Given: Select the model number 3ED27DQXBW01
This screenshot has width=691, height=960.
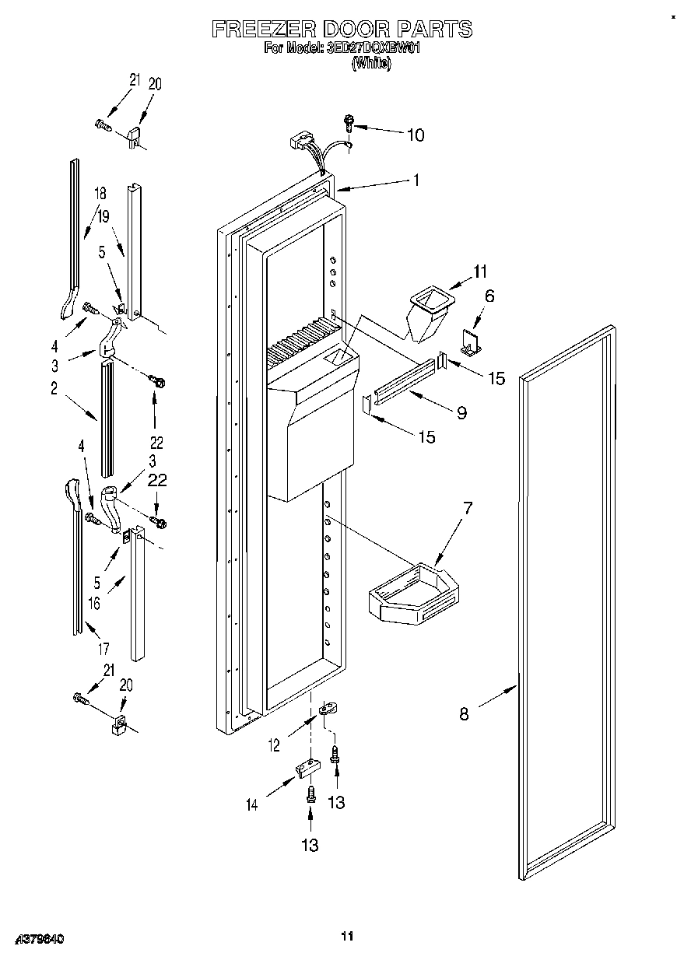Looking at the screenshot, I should coord(374,48).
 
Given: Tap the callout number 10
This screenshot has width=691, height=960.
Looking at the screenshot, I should coord(416,135).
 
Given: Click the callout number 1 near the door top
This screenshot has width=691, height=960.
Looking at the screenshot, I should coord(416,180).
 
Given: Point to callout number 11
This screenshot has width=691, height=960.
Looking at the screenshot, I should coord(479,272).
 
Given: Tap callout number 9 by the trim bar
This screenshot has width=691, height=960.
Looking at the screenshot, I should coord(461,412).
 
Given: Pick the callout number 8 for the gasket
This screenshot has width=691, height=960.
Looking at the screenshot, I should coord(464,714).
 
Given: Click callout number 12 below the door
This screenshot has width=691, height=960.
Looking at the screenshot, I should coord(274,745).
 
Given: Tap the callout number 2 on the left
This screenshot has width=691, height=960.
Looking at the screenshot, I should coord(54,391).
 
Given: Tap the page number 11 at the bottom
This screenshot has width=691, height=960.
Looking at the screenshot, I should coord(347,936).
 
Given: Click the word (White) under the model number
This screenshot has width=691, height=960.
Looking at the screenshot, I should coord(371,65).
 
